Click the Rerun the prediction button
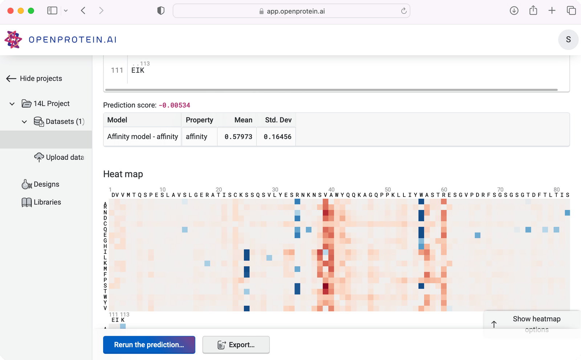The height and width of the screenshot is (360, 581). click(x=149, y=345)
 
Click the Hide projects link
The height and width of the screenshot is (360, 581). click(x=34, y=78)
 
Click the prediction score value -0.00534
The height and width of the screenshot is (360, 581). click(x=174, y=105)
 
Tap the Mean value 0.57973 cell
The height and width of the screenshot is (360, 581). click(x=238, y=137)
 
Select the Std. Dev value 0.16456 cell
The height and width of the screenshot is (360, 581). click(x=277, y=137)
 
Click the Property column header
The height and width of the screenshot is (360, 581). click(x=199, y=120)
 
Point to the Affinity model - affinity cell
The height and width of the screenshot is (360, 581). click(x=142, y=137)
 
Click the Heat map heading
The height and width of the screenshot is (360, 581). click(x=123, y=174)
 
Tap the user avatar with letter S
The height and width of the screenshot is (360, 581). click(x=568, y=39)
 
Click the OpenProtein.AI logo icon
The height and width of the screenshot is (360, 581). click(x=13, y=39)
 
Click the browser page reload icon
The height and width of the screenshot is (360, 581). click(x=403, y=11)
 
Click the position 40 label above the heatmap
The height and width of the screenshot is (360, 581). click(x=331, y=190)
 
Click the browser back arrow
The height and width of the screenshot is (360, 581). click(x=83, y=11)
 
